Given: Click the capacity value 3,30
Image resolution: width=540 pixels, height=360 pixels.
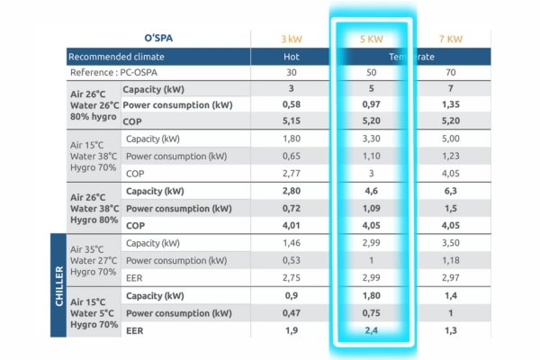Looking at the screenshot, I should click(x=372, y=139).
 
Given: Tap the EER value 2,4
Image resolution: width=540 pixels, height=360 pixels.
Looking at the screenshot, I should click(x=372, y=330).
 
